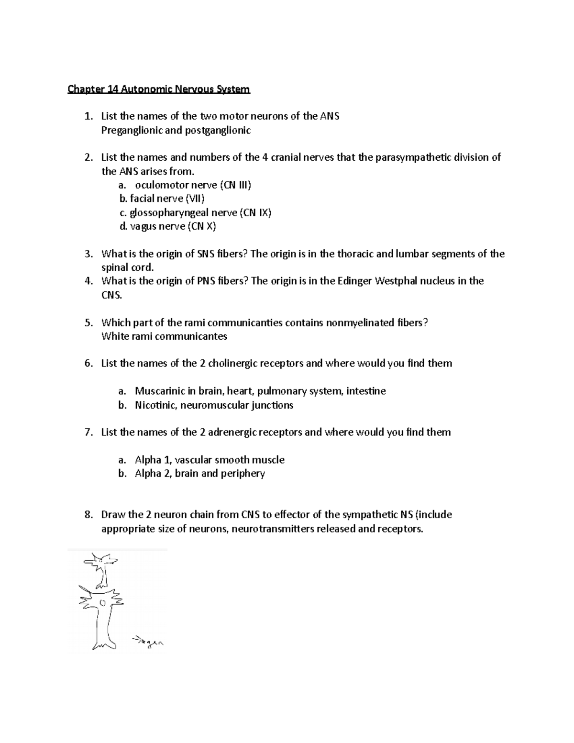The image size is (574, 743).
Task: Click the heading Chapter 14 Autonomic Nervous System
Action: pyautogui.click(x=158, y=89)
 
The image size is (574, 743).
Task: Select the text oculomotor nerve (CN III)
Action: pyautogui.click(x=193, y=185)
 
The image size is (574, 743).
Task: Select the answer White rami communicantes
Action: pyautogui.click(x=164, y=336)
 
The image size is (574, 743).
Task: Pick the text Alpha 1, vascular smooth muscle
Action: pyautogui.click(x=210, y=460)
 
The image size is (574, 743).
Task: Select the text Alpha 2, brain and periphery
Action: pyautogui.click(x=199, y=474)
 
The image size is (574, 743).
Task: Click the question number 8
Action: pyautogui.click(x=88, y=515)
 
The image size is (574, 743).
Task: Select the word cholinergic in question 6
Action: pyautogui.click(x=232, y=364)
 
